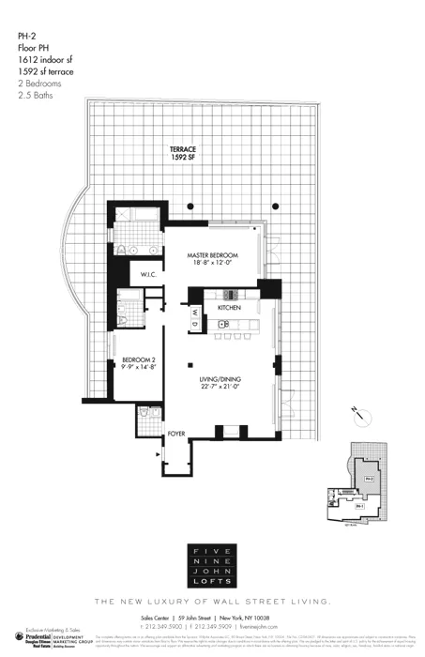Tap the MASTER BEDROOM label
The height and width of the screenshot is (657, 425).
pyautogui.click(x=211, y=255)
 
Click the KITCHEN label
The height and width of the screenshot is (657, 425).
pyautogui.click(x=230, y=308)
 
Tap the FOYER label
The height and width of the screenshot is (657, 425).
pyautogui.click(x=177, y=434)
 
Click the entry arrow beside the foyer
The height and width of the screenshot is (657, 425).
pyautogui.click(x=156, y=452)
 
